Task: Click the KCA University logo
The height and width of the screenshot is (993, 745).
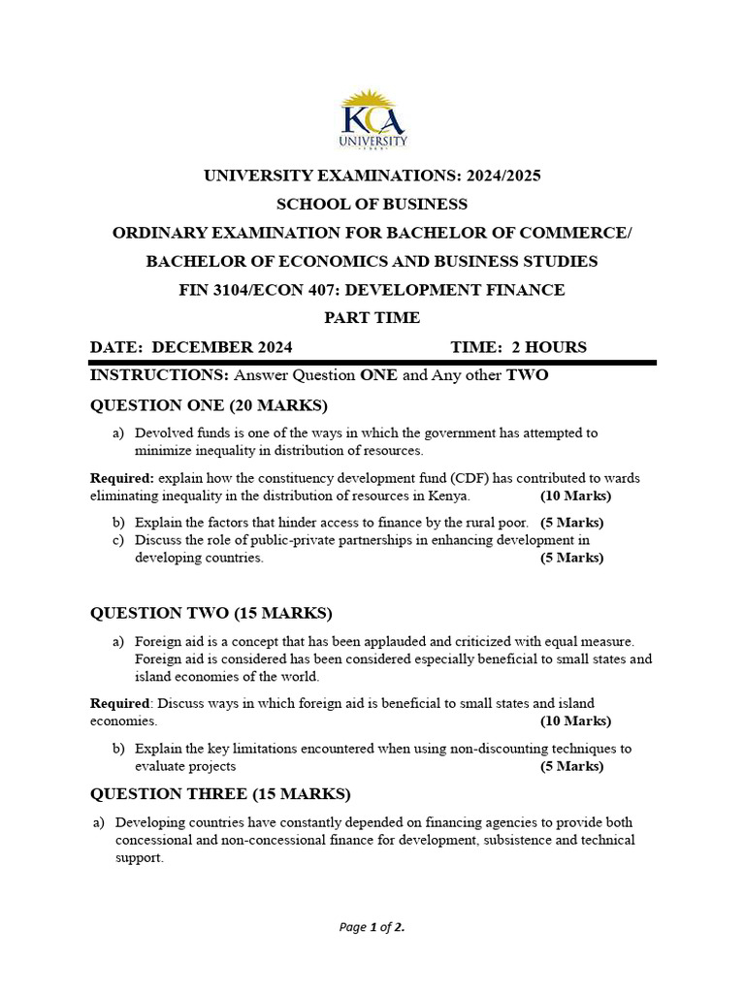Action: coord(372,119)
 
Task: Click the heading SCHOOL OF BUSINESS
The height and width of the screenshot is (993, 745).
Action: coord(372,205)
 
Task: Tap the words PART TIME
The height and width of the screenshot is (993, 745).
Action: coord(372,318)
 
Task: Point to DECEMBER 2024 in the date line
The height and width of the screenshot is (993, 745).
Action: coord(223,347)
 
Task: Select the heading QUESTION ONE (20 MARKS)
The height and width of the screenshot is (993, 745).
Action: coord(209,404)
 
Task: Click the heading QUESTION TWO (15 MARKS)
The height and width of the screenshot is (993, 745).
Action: coord(211,613)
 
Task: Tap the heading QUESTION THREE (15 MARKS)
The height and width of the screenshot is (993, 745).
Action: coord(220,794)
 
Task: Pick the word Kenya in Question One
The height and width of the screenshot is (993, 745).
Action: coord(449,496)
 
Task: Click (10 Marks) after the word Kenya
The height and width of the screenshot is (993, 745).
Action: coord(575,496)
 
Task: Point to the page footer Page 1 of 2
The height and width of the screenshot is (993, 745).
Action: coord(372,927)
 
